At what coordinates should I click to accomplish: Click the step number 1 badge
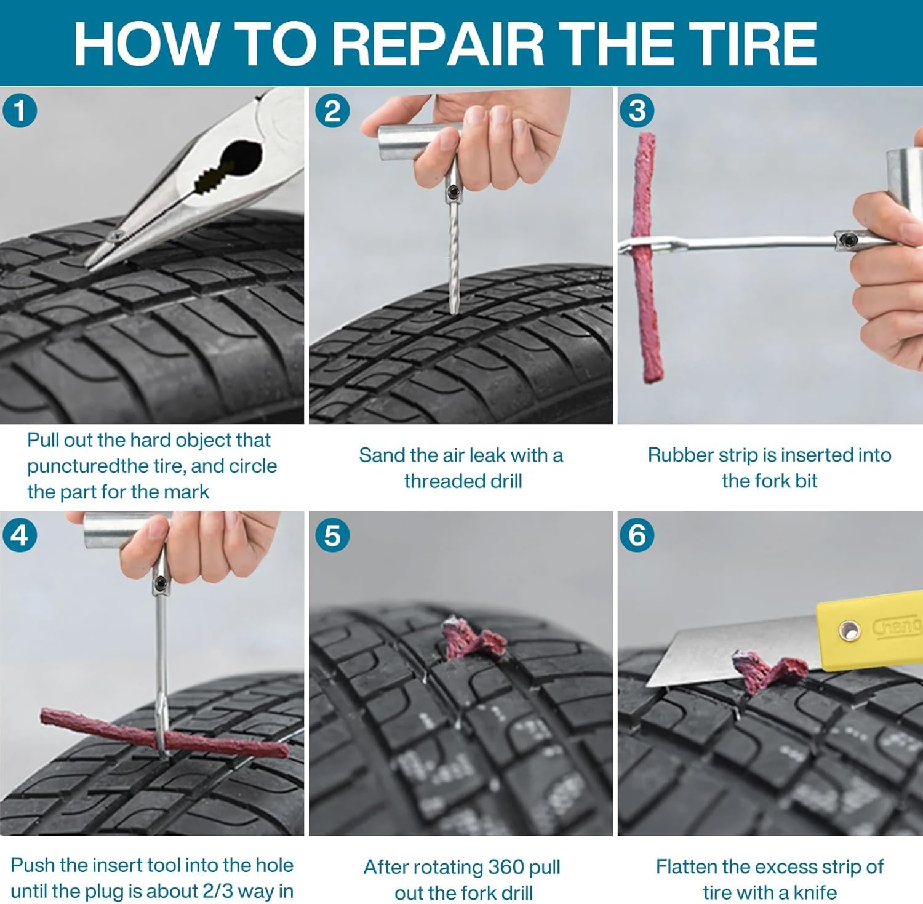coord(20,111)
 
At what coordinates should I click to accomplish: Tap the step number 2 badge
coord(332,111)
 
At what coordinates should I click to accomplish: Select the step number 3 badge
coord(637,111)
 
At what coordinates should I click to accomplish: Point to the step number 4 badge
coord(20,535)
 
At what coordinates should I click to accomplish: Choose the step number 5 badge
coord(332,535)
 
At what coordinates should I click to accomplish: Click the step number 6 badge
coord(637,535)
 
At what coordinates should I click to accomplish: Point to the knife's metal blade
coord(732,652)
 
